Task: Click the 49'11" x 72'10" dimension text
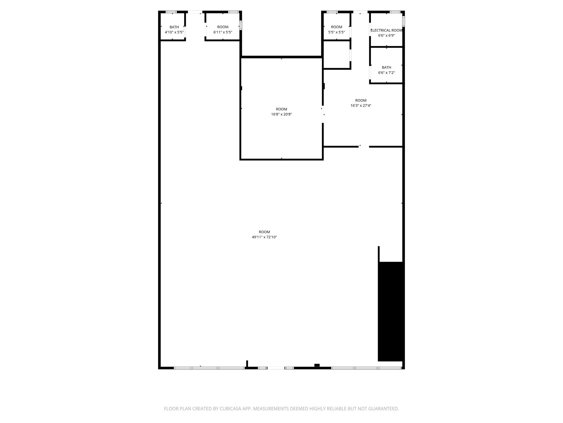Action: pos(264,237)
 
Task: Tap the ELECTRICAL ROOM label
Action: pos(387,30)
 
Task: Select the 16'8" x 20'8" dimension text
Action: pos(281,114)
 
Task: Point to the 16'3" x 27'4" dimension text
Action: pos(361,105)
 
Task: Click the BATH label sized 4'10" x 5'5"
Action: pos(174,27)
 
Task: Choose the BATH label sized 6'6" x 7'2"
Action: pos(386,67)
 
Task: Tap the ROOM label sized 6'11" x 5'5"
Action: pos(223,27)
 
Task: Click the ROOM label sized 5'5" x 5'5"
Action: pos(336,27)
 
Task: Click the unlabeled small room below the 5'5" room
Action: pos(336,55)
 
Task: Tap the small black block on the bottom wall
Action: pos(317,365)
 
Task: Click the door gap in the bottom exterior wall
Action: pos(276,368)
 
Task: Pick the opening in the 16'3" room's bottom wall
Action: pos(364,147)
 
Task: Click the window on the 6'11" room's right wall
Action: pos(241,25)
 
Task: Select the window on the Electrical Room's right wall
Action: pos(404,21)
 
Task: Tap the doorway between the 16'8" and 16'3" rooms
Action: pos(323,114)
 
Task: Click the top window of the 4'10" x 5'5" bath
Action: pos(171,12)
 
